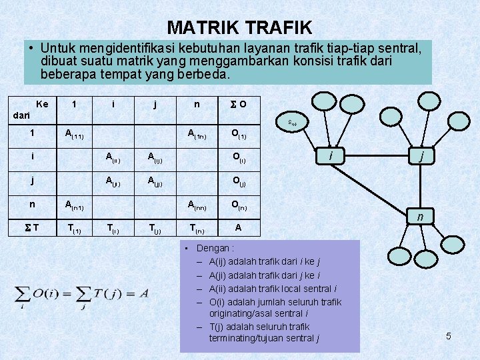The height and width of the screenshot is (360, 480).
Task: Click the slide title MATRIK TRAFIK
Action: point(239,27)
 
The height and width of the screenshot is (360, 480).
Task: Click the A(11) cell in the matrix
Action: point(73,135)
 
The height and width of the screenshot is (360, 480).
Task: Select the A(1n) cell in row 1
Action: point(196,135)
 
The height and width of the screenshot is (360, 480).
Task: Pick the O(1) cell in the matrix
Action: point(238,135)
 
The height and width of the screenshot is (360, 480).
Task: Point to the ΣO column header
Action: point(238,104)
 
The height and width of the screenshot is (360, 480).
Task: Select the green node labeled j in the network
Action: point(419,156)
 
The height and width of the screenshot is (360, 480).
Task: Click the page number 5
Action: point(449,336)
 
